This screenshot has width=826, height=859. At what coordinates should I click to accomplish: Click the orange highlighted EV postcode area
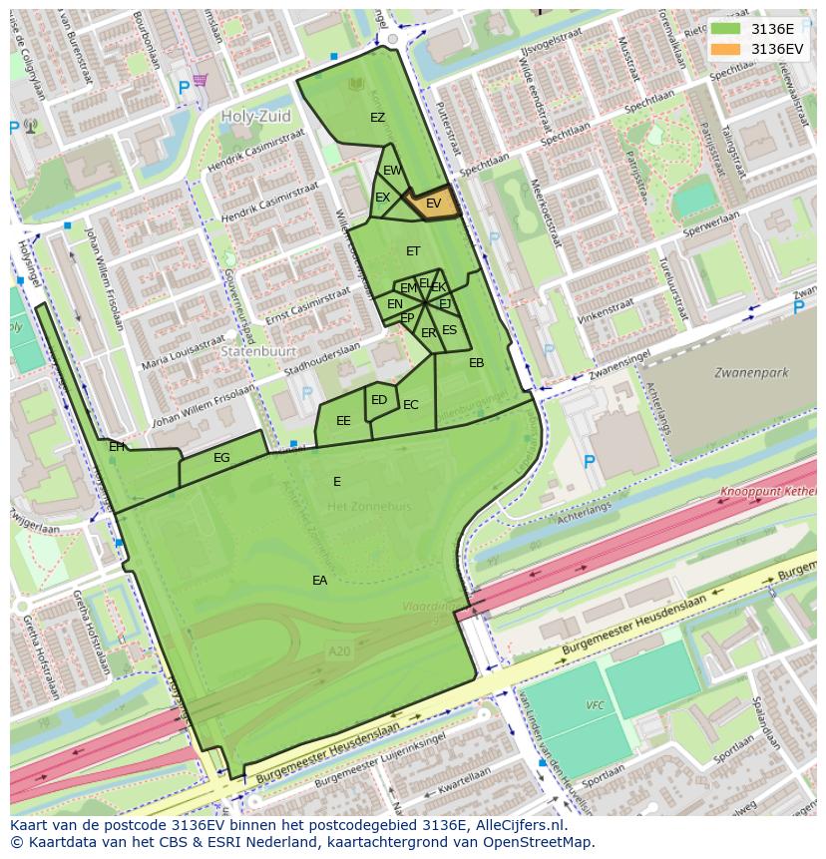pyautogui.click(x=433, y=203)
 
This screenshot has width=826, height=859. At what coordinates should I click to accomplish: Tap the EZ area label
pyautogui.click(x=377, y=118)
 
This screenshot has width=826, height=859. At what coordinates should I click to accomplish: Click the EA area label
pyautogui.click(x=319, y=580)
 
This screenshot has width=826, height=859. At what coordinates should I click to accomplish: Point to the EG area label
pyautogui.click(x=221, y=458)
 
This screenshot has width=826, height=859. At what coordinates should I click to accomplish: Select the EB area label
pyautogui.click(x=476, y=363)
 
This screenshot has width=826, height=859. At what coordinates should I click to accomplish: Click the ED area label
pyautogui.click(x=379, y=400)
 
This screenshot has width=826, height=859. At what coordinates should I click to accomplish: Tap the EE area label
pyautogui.click(x=343, y=421)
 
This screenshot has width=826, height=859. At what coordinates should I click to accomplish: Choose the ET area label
pyautogui.click(x=413, y=251)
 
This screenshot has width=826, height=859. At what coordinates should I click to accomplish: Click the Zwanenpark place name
pyautogui.click(x=750, y=373)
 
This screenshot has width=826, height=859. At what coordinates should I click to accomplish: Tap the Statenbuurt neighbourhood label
pyautogui.click(x=249, y=352)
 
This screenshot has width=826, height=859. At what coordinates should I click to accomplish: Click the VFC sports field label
pyautogui.click(x=596, y=705)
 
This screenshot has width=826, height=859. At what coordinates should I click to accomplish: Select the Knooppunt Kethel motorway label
pyautogui.click(x=774, y=493)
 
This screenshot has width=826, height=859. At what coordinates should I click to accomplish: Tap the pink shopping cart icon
pyautogui.click(x=201, y=80)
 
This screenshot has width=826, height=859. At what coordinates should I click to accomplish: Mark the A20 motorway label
pyautogui.click(x=340, y=650)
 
